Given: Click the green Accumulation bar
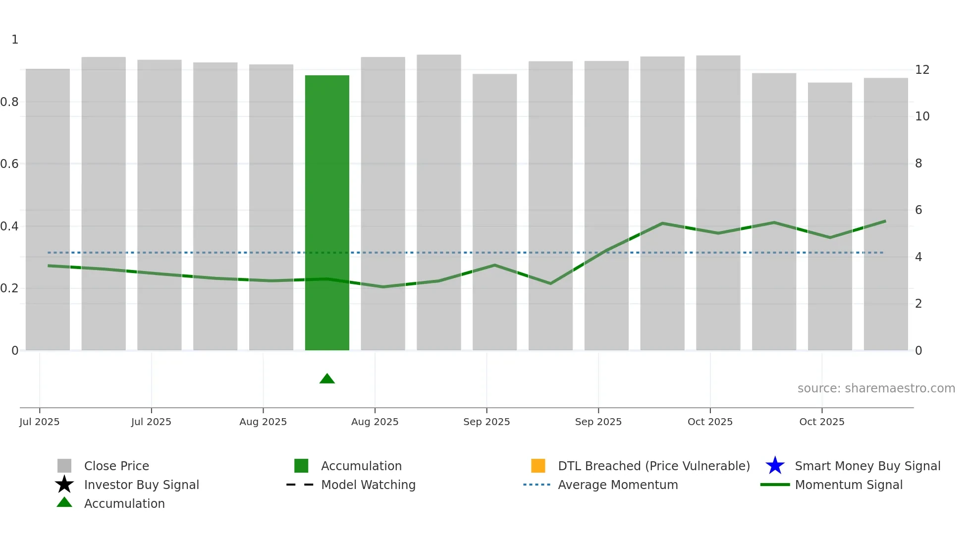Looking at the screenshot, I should coord(327,213).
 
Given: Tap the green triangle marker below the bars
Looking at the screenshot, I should coord(327,379).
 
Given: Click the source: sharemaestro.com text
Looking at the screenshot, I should coord(876,388).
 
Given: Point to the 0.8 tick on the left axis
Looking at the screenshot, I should coord(9,102).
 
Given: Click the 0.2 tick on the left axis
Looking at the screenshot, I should coord(9,288).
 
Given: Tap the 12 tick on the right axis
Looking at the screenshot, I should coord(922,70).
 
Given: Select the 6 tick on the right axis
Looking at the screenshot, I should coord(918,210).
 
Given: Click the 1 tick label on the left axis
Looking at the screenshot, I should coord(15,40).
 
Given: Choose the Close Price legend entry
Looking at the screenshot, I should coord(116,466).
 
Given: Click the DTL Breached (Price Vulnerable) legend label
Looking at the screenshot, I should coord(653,466).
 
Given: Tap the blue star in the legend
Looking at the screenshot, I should coord(775,466).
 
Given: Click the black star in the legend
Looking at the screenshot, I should coord(64,485).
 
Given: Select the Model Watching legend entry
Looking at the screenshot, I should coord(368,485).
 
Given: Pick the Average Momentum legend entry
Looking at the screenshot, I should coord(618,485).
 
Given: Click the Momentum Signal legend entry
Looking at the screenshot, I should coord(849,485).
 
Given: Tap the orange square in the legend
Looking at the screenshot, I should coord(538,466).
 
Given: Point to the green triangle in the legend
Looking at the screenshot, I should coord(64,502).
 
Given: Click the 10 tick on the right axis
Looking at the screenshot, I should coord(922,116).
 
